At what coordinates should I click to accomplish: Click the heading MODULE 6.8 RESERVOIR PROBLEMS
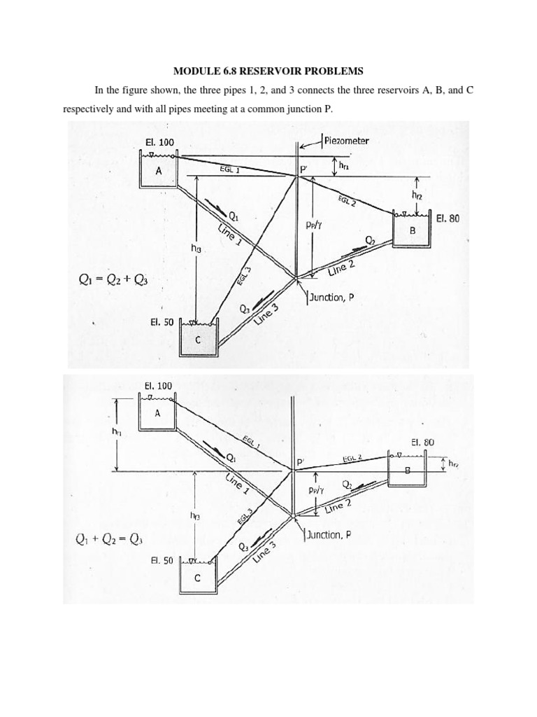[268, 71]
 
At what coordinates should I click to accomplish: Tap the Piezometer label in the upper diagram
[346, 140]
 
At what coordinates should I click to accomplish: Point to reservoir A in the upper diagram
[158, 171]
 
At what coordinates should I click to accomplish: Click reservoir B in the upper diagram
[412, 230]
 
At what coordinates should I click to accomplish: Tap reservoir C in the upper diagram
[199, 340]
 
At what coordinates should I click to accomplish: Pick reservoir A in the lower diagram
[157, 412]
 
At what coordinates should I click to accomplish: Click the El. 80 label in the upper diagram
[447, 218]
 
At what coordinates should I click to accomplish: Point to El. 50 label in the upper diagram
[162, 323]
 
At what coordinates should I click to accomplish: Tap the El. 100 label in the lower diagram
[158, 386]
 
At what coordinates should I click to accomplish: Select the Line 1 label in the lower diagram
[237, 485]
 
